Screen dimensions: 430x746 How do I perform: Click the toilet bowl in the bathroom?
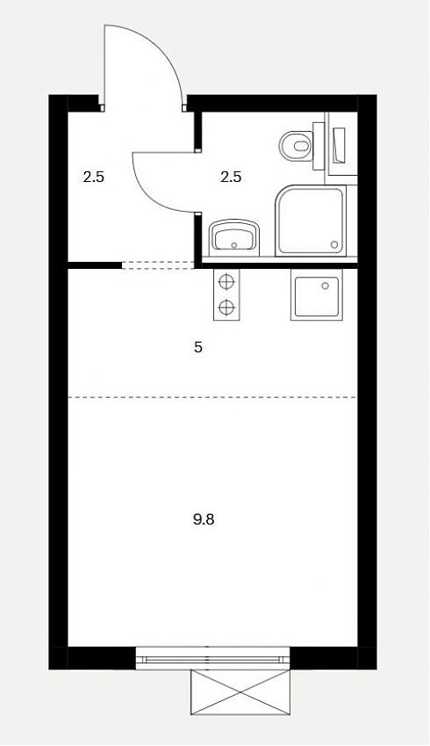[x=296, y=145]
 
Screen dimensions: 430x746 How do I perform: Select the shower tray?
[x=311, y=221]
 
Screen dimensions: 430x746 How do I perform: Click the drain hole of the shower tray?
[x=334, y=244]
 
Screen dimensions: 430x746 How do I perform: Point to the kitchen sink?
[x=317, y=294]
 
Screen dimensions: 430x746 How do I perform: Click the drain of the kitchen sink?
[x=325, y=286]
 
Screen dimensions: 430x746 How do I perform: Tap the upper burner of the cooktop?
[x=226, y=282]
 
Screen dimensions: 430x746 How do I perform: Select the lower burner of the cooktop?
[x=226, y=307]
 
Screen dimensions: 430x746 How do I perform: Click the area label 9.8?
[x=204, y=519]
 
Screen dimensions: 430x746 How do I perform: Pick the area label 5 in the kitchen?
[x=198, y=347]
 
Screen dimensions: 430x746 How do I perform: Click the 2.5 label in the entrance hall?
[x=94, y=177]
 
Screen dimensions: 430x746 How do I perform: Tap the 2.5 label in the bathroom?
[x=231, y=177]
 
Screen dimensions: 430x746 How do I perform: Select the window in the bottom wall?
[x=213, y=658]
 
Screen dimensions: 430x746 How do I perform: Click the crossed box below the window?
[x=240, y=692]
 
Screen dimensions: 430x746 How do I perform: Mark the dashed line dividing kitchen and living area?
[x=212, y=397]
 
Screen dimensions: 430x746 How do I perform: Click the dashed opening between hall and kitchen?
[x=158, y=265]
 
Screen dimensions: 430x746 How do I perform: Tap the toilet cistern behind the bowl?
[x=319, y=146]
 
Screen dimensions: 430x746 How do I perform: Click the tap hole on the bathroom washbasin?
[x=233, y=245]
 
